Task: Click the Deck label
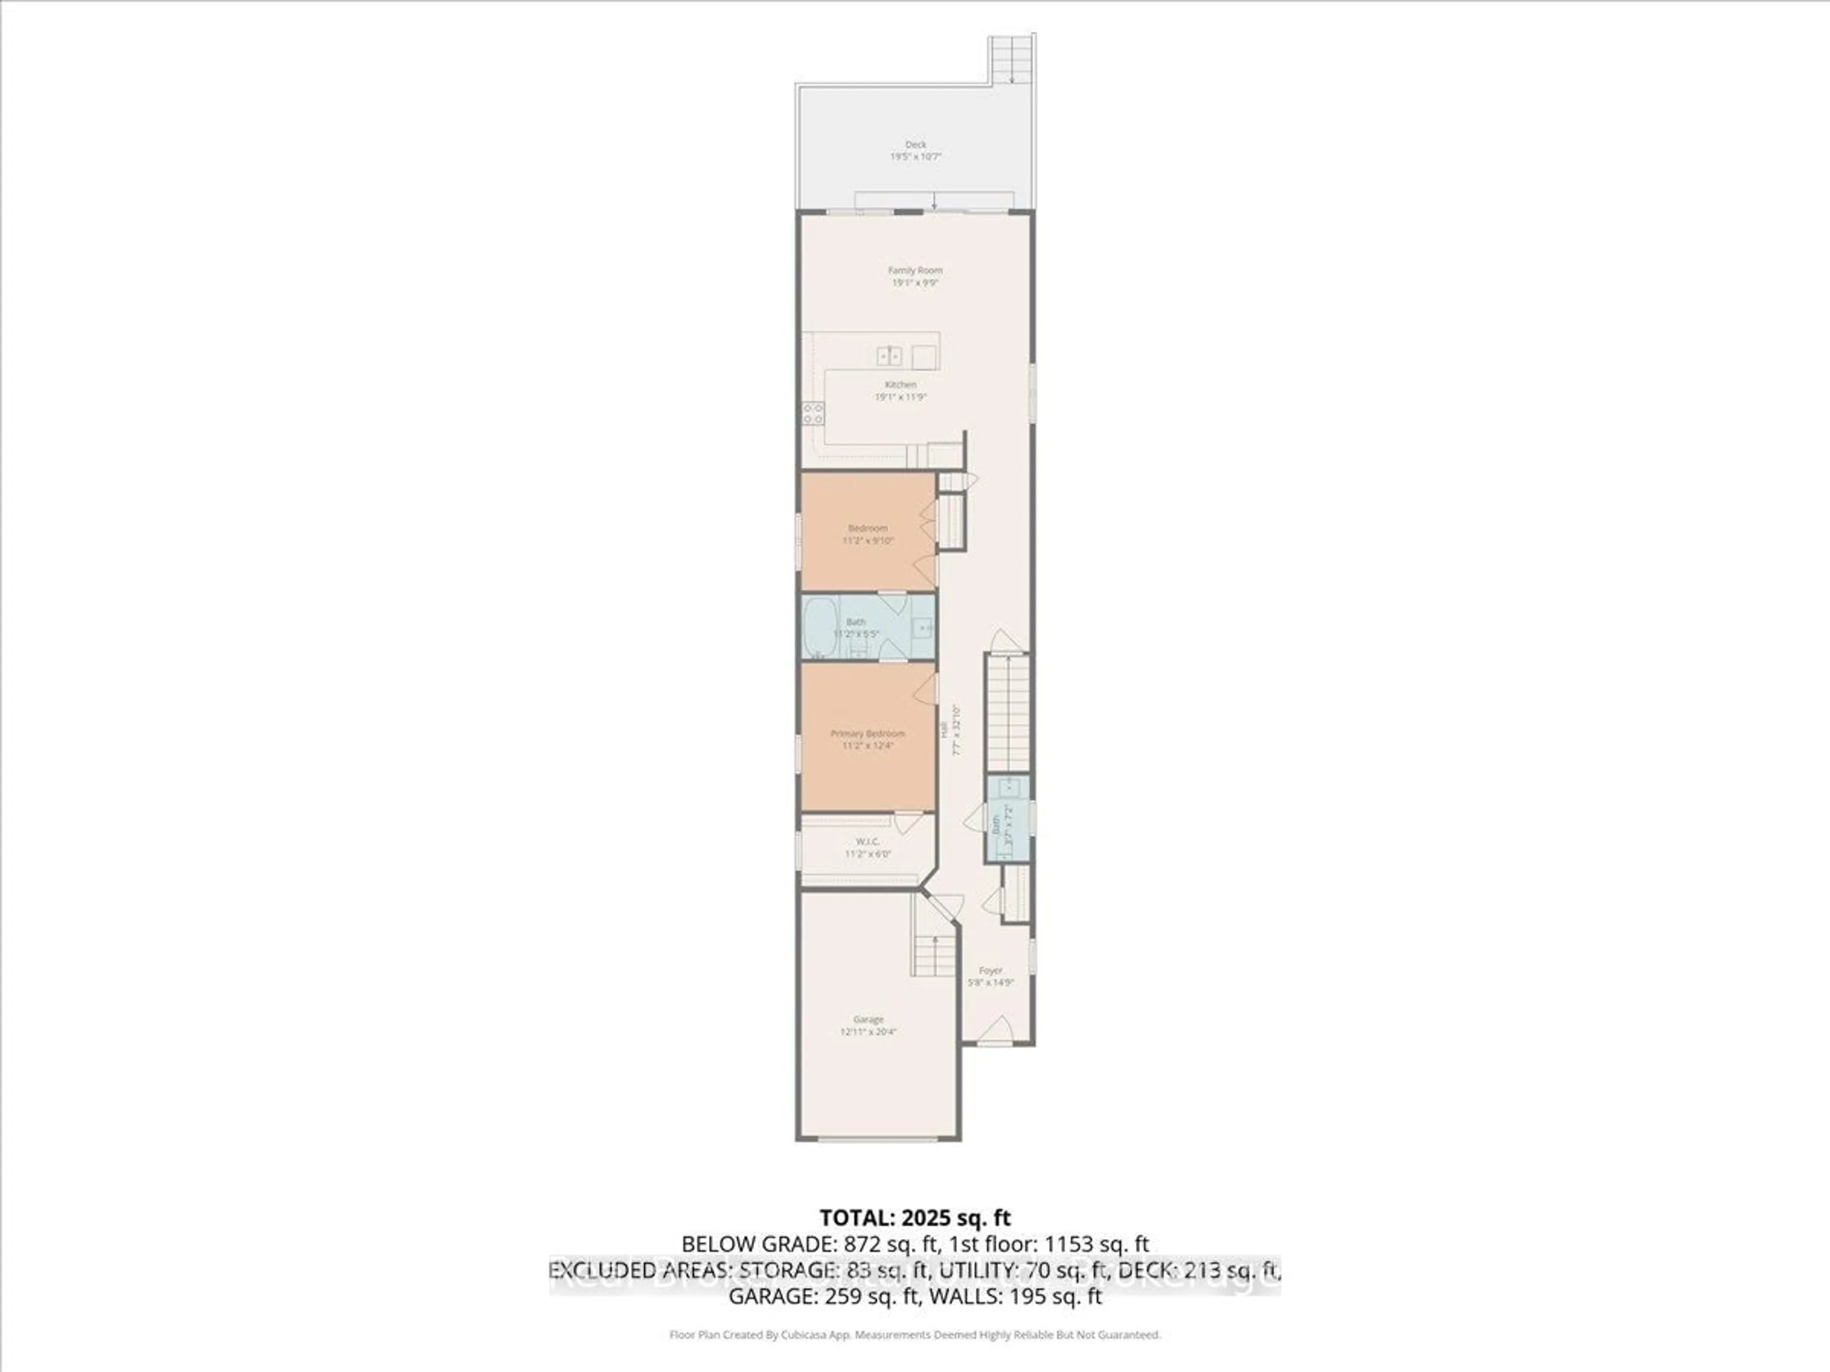click(915, 145)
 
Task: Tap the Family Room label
click(915, 271)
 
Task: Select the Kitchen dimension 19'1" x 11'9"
click(900, 397)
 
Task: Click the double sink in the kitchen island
click(889, 356)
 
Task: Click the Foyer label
click(990, 971)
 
